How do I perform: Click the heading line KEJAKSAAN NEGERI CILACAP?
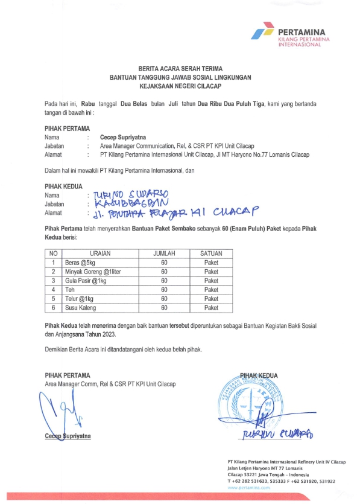(180, 86)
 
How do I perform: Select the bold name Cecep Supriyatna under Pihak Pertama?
(122, 138)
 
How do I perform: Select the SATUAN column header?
(211, 254)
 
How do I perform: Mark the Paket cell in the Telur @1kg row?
(211, 299)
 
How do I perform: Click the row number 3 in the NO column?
(54, 281)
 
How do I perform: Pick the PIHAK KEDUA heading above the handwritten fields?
(63, 187)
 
